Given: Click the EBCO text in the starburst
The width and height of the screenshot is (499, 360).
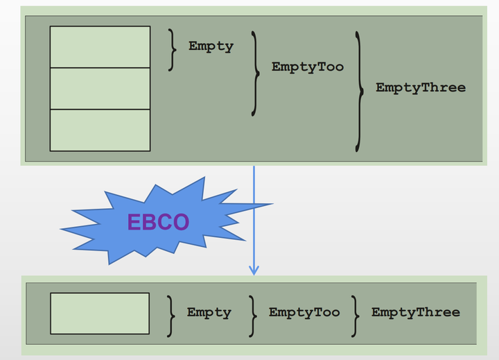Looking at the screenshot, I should point(158,222).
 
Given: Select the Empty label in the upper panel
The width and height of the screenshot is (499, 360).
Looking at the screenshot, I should point(211,46).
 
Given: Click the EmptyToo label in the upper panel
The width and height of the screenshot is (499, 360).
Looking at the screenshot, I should point(307,67).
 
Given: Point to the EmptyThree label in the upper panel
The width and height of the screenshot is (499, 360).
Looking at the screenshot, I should point(420,87).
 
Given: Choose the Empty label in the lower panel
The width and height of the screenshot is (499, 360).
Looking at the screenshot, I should point(209,312).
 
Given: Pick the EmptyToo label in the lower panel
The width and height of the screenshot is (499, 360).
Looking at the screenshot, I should point(304,312).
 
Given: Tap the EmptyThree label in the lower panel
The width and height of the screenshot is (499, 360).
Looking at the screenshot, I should point(415,312).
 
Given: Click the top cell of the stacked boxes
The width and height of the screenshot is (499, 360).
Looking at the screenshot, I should point(100,47).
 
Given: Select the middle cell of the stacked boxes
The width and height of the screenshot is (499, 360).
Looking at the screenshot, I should point(100,89).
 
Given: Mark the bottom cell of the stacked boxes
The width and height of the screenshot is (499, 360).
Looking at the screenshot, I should point(100,130).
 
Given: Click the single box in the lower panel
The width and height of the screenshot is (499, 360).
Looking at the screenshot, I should point(100,313).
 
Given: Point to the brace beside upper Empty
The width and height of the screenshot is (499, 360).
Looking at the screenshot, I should point(173,49).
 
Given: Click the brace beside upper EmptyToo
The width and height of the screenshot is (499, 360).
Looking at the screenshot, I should point(256,72).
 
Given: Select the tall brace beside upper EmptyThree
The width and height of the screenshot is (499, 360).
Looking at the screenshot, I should point(358,91).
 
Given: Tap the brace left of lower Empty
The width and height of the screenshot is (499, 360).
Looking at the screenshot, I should point(171,314).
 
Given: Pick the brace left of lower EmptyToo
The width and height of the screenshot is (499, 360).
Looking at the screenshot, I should point(253,314).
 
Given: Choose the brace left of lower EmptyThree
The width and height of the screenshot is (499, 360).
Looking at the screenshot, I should point(355,314).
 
